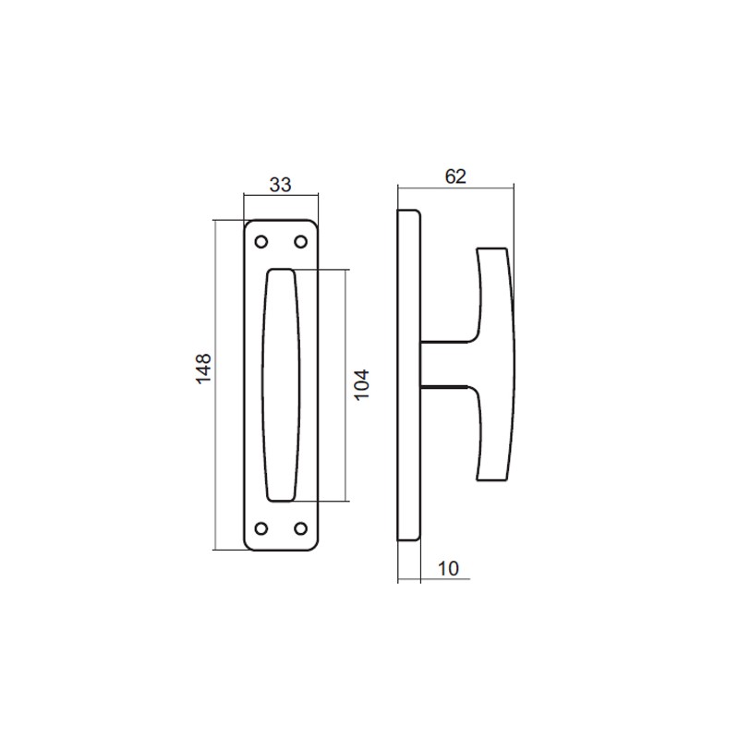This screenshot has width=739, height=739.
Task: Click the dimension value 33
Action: [x=280, y=184]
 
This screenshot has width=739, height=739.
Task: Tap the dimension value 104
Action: [x=362, y=384]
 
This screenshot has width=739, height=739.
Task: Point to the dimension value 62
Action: [x=454, y=176]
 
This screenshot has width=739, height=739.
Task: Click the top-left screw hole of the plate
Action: [x=260, y=242]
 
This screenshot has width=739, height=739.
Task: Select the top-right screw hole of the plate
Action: [x=300, y=242]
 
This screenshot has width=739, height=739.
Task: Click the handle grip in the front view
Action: [x=281, y=385]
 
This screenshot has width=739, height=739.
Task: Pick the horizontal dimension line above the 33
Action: [x=281, y=195]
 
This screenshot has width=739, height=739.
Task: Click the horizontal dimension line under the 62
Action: [x=480, y=188]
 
